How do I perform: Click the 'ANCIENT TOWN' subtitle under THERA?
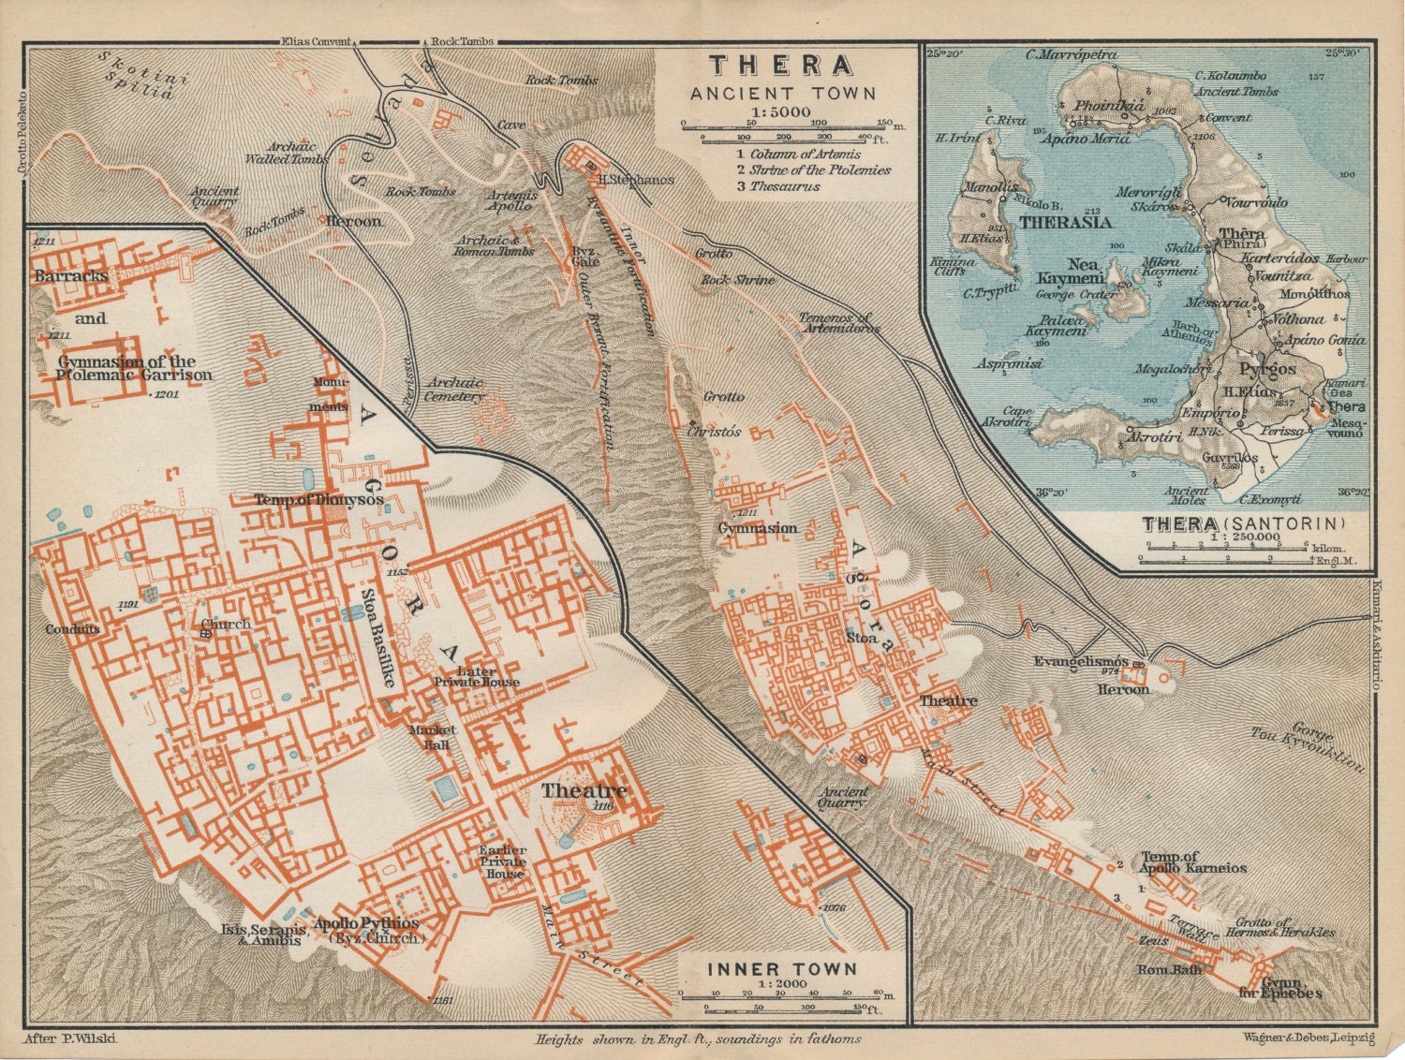click(782, 94)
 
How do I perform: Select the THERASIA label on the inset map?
click(1065, 222)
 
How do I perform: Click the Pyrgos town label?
click(1267, 368)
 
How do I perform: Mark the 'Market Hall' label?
click(432, 737)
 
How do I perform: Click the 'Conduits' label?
click(72, 629)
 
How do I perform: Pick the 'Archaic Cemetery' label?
click(454, 389)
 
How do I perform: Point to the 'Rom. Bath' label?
click(1169, 969)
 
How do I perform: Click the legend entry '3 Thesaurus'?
click(777, 186)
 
